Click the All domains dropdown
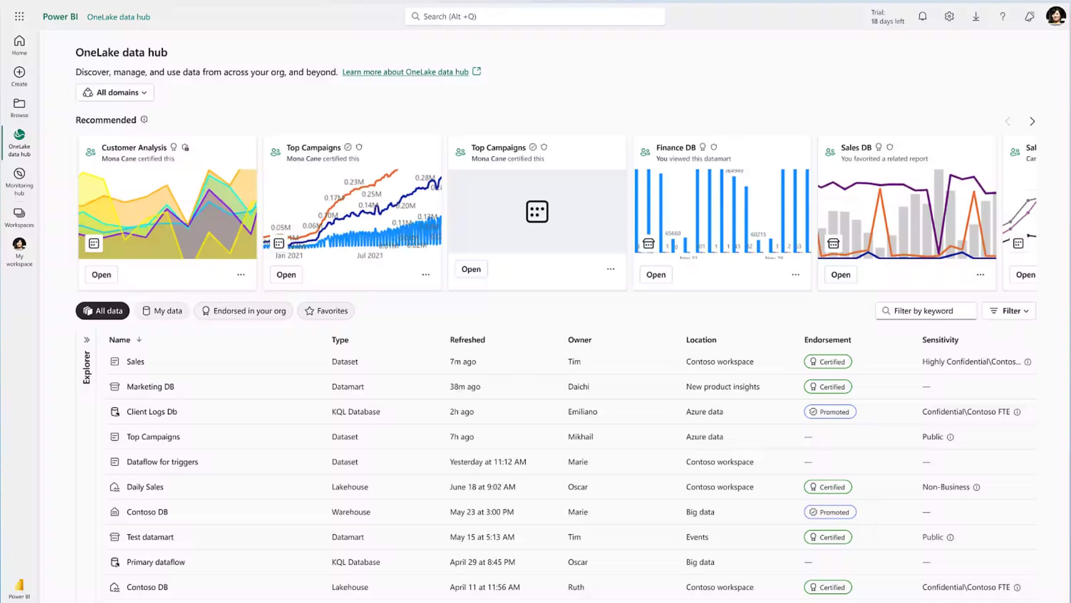pos(115,92)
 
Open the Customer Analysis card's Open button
pos(101,275)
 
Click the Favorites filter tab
pos(326,311)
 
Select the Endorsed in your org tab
pos(243,311)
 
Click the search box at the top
pos(535,17)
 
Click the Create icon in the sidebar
pos(19,76)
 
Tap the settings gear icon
pos(949,17)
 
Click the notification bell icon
pos(923,17)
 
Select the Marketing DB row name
pos(150,387)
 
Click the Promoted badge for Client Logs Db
pos(830,412)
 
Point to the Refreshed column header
pos(467,340)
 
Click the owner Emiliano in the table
pos(582,412)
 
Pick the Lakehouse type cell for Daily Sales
pos(350,487)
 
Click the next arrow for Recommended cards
pos(1032,121)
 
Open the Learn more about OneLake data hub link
pos(405,72)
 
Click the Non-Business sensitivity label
pos(946,487)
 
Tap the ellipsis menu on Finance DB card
pos(795,275)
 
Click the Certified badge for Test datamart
pos(828,537)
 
